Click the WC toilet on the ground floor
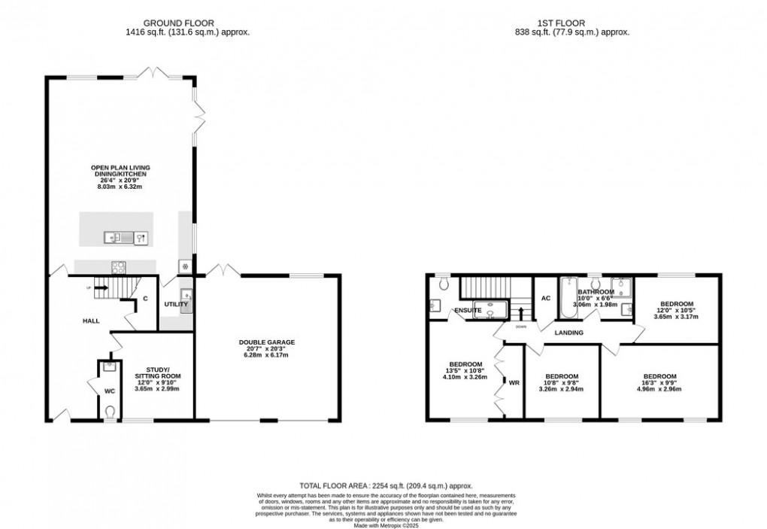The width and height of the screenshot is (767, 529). pyautogui.click(x=111, y=411)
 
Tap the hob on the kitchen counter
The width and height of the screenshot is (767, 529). pyautogui.click(x=119, y=266)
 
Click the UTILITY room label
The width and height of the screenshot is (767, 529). pyautogui.click(x=176, y=305)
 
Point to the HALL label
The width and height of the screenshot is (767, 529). pyautogui.click(x=91, y=321)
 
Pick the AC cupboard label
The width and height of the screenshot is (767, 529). pyautogui.click(x=546, y=299)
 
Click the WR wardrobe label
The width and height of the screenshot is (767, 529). pyautogui.click(x=514, y=383)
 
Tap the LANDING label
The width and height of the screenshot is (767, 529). pyautogui.click(x=569, y=332)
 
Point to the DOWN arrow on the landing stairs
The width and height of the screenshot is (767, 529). pyautogui.click(x=521, y=310)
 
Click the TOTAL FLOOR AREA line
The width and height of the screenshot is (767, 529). pyautogui.click(x=383, y=487)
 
